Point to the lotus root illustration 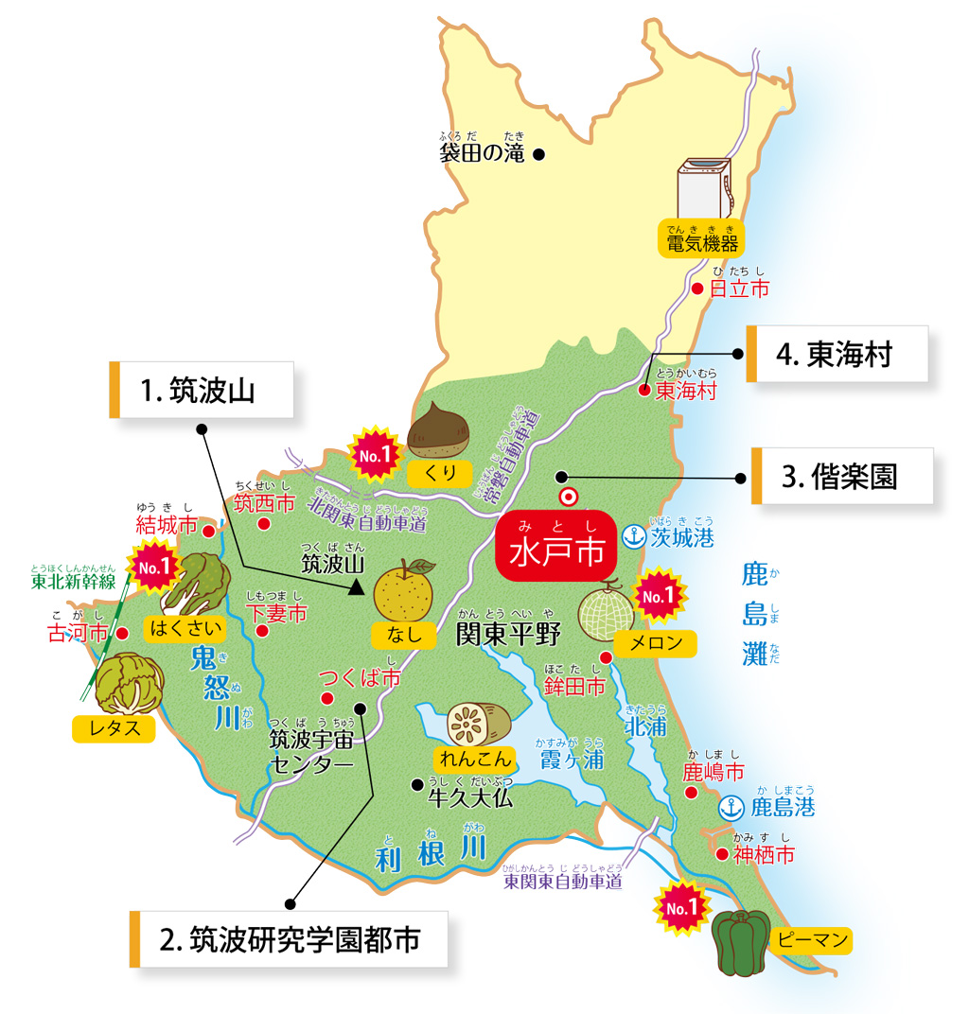click(478, 724)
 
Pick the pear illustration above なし click(404, 589)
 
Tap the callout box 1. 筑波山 click(201, 391)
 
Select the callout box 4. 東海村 click(837, 354)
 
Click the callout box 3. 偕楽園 click(841, 476)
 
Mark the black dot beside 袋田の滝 click(538, 153)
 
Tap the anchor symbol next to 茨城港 click(632, 537)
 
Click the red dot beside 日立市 click(697, 288)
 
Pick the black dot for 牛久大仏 click(415, 783)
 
